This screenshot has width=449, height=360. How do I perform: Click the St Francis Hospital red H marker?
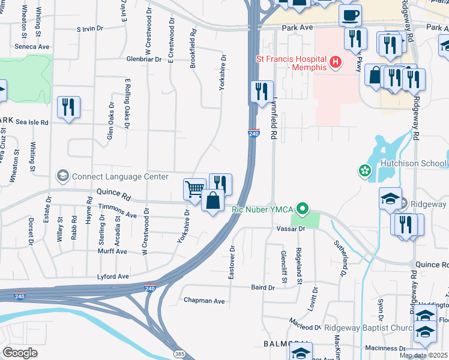pos(335,61)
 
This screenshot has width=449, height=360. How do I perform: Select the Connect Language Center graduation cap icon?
pos(62,176)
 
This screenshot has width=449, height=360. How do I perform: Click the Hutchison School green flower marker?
pos(364,172)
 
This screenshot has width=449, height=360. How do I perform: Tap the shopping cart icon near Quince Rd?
pos(194,190)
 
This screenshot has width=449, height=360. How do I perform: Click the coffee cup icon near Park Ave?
pos(350,14)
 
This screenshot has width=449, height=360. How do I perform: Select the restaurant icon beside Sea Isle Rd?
pos(68,107)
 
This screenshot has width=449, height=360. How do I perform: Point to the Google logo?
pos(20,353)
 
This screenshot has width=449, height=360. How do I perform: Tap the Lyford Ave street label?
pos(113,277)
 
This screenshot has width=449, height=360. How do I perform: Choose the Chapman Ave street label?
pos(204,301)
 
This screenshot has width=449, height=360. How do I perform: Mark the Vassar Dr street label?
pos(291,229)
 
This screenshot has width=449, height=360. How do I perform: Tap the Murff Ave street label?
pos(113,252)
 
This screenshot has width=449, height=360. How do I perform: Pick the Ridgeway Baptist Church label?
pos(367,328)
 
